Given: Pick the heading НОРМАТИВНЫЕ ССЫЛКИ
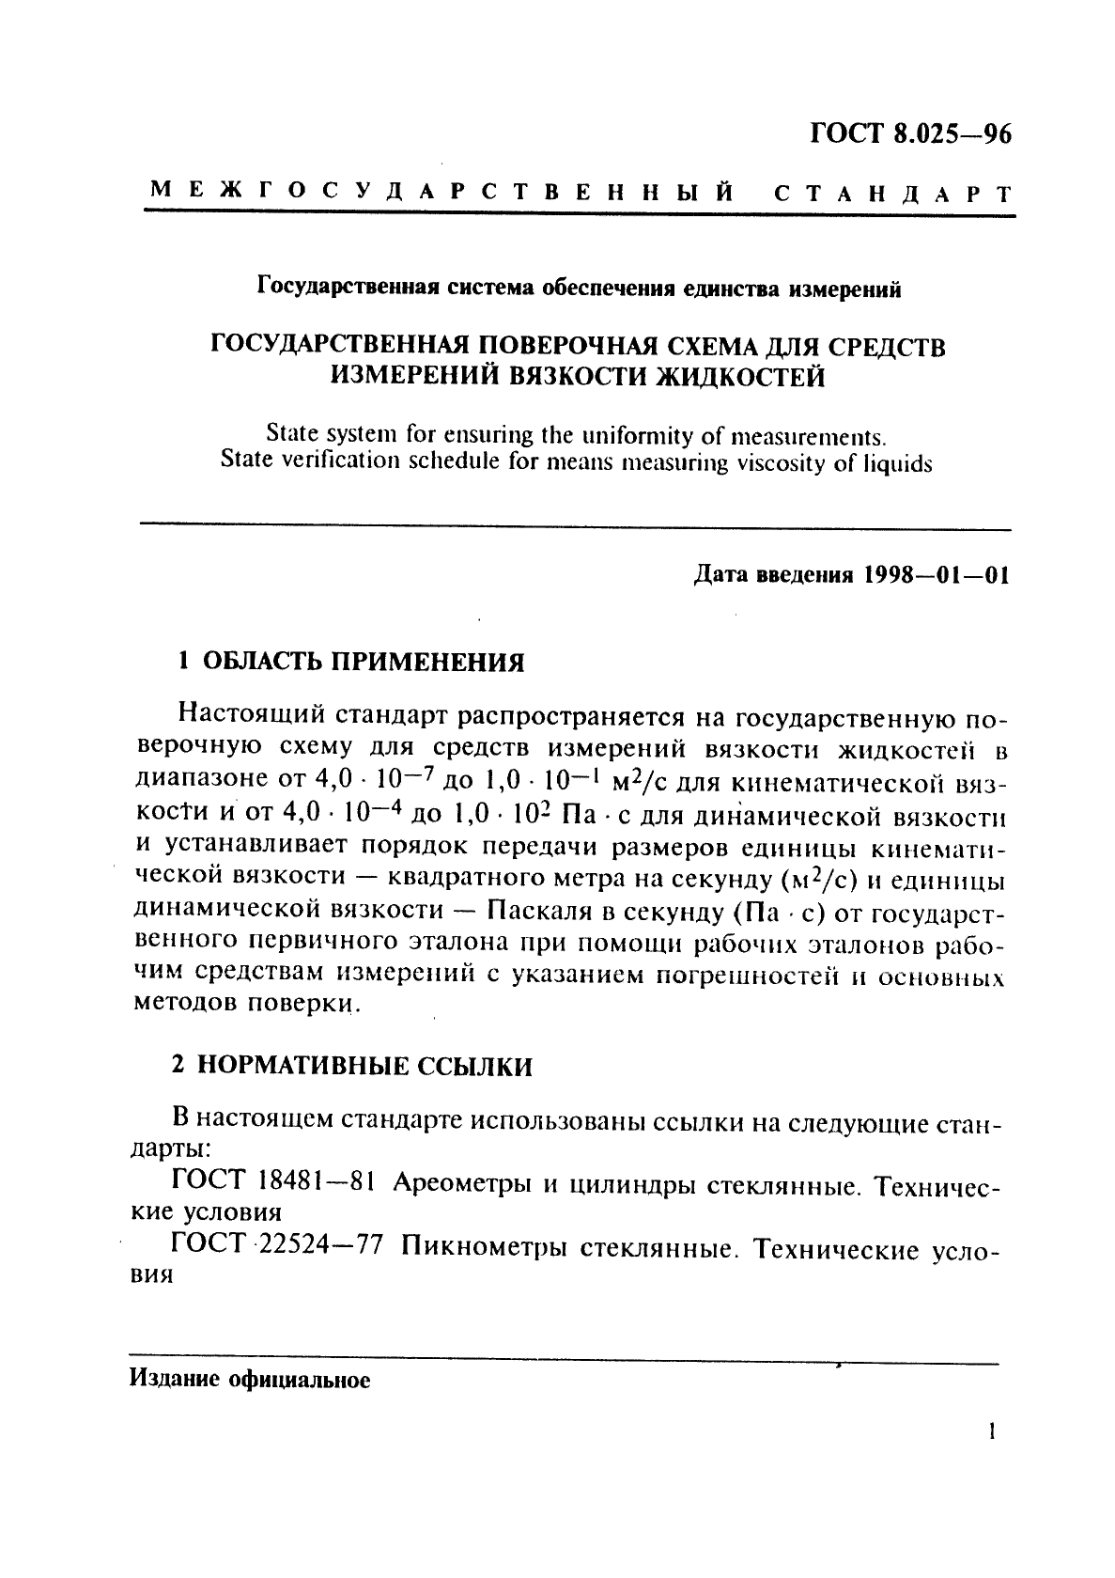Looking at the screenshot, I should [366, 1066].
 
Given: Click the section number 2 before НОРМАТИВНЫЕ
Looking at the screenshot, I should [178, 1066].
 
